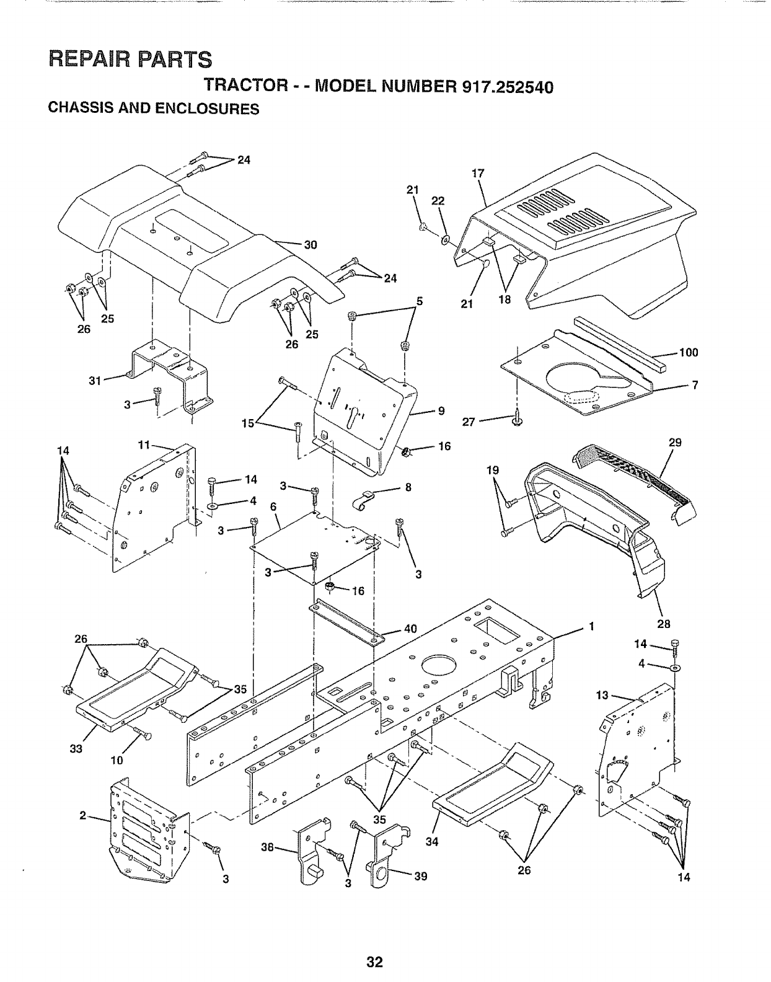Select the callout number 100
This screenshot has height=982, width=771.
(688, 353)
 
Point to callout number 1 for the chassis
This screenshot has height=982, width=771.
(592, 626)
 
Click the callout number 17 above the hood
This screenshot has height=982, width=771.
(477, 174)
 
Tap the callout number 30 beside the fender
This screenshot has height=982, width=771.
(310, 244)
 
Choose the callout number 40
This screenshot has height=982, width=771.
(410, 628)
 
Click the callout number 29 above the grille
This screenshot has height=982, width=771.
(675, 442)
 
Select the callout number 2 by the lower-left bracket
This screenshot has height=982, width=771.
(82, 815)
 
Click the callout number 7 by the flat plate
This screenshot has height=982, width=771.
(695, 386)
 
